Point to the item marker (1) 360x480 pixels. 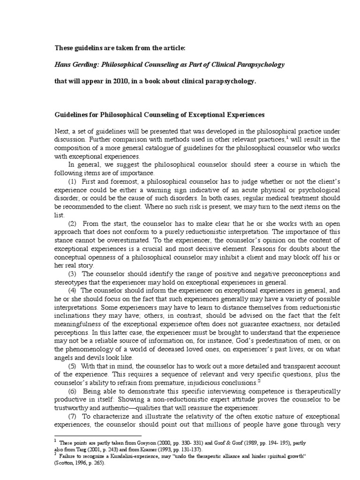[x=74, y=181]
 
